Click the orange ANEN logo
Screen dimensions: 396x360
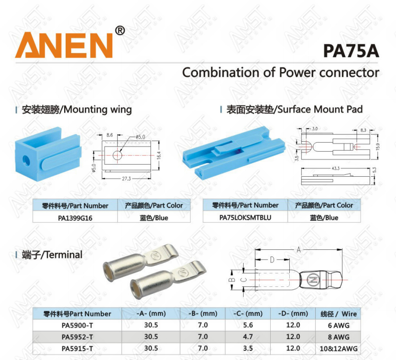coord(64,45)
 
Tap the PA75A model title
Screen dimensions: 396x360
coord(351,51)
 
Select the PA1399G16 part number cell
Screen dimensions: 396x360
coord(75,218)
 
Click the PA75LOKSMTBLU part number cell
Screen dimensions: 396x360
coord(245,217)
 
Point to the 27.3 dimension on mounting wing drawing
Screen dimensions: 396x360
coord(126,179)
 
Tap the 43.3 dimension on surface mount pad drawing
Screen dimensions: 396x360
coord(336,168)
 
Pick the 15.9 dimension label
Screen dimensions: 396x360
coord(378,146)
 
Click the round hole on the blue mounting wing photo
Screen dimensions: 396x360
coord(26,161)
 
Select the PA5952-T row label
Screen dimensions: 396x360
coord(77,337)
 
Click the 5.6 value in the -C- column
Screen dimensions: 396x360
coord(248,325)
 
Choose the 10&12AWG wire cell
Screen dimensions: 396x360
coord(338,348)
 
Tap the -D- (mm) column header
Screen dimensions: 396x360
coord(293,313)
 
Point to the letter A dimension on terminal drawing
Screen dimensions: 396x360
coord(299,250)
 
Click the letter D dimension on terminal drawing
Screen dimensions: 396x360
coord(272,259)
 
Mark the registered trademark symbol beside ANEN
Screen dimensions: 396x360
coord(120,31)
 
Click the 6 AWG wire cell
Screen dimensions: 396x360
coord(338,325)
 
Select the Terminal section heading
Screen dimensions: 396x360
coord(52,255)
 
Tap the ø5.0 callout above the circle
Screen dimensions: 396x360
coord(140,137)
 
